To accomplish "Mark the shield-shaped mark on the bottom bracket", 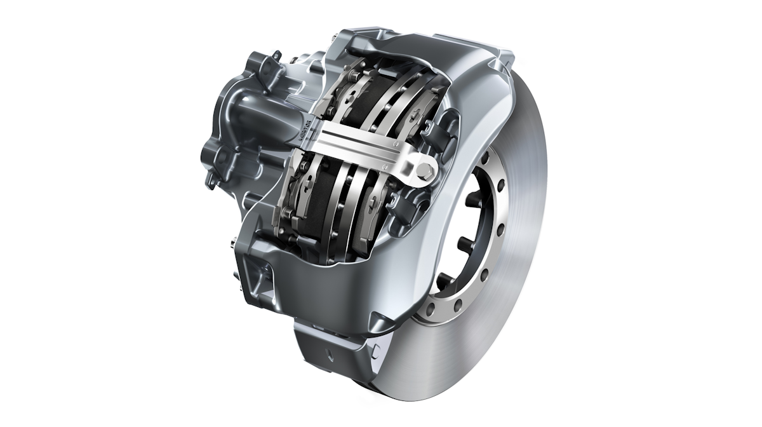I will point(329,353).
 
